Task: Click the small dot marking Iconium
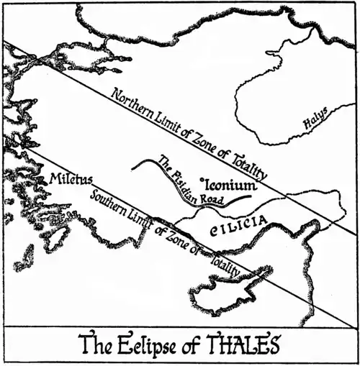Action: click(x=202, y=179)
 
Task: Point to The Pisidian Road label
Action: click(x=189, y=183)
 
